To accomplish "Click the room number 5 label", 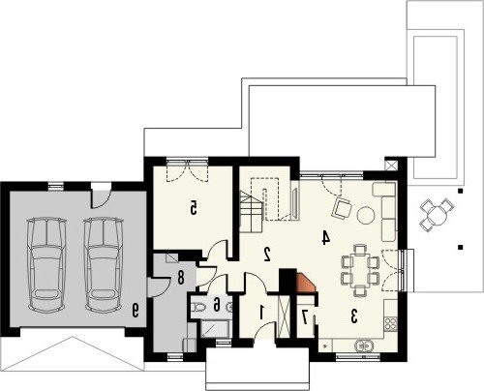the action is pos(193,207).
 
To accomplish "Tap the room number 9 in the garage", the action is pos(135,310).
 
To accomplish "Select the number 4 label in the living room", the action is pos(326,238).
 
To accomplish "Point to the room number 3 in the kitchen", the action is pos(354,316).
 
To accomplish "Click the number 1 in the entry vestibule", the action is pos(261,312).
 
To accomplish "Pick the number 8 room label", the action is pos(180,278).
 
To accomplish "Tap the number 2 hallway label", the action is pos(267,254).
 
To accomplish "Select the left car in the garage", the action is pos(46,264).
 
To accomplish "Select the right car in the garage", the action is pos(104,264).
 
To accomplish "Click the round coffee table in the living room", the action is pos(366,215).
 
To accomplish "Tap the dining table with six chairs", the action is pos(359,270).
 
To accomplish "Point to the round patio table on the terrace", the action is pos(437,214).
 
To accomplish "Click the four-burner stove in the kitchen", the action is pos(391,323).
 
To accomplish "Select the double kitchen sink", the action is pos(363,346).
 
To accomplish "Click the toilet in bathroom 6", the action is pos(197,307).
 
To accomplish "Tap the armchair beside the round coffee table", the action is pos(342,208).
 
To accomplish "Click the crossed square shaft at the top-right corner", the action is pos(391,165).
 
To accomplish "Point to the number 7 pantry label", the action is pos(304,316).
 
